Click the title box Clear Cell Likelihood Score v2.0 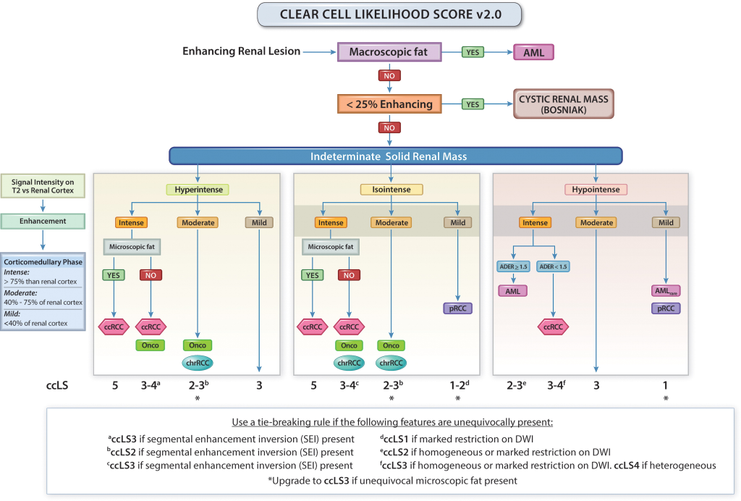(x=391, y=14)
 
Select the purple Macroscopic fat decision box (x=391, y=52)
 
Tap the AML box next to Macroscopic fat (x=534, y=52)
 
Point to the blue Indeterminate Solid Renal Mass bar (x=395, y=156)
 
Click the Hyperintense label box (x=197, y=190)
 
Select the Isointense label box (x=391, y=190)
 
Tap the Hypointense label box (x=596, y=190)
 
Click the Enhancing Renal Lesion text (x=241, y=52)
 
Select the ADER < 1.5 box (x=554, y=266)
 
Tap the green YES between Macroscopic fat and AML (x=474, y=52)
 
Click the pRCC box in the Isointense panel (x=458, y=308)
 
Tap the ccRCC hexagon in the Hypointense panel (x=554, y=327)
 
